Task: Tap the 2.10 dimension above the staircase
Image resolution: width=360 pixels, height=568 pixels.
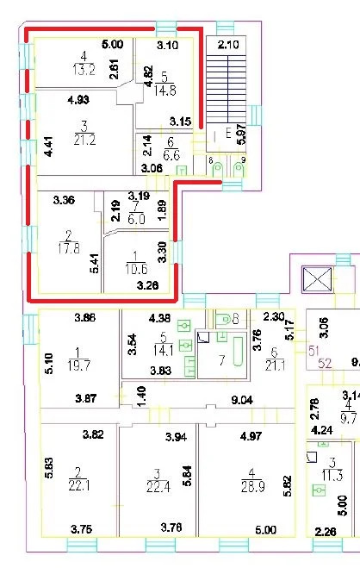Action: (x=227, y=45)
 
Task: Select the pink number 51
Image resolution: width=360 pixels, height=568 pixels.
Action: (x=315, y=350)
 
